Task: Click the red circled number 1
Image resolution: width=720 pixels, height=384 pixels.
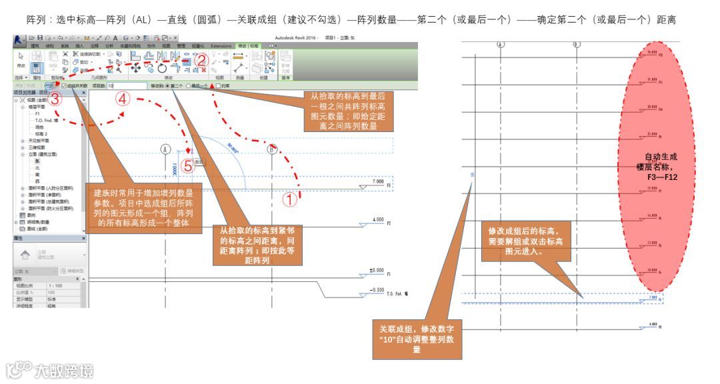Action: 289,198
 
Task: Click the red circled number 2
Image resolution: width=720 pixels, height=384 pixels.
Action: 203,59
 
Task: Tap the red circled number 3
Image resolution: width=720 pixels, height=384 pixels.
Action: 56,99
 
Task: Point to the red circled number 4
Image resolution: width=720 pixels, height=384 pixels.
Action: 123,99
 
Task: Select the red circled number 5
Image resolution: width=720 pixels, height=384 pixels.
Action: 188,167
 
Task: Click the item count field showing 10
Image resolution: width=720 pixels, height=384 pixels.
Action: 127,86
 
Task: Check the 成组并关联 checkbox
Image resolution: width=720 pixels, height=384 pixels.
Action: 65,86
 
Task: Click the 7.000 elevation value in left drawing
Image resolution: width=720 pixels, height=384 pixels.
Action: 378,181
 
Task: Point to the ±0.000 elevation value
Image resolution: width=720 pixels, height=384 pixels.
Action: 376,271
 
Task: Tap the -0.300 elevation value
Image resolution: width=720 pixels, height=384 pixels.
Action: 376,290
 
